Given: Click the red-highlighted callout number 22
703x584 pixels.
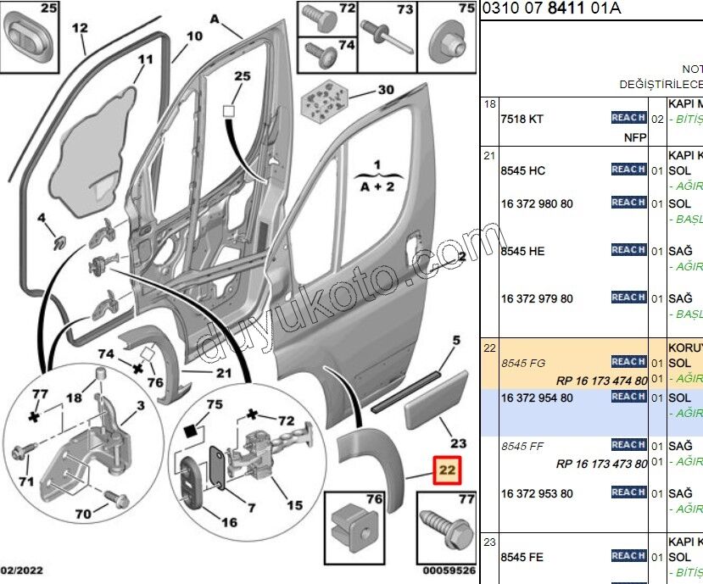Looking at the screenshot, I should pyautogui.click(x=447, y=470).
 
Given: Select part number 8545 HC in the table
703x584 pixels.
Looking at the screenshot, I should pyautogui.click(x=523, y=170).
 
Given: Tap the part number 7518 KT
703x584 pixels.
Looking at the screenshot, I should pyautogui.click(x=522, y=119).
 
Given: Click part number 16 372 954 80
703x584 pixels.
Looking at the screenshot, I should pyautogui.click(x=537, y=397).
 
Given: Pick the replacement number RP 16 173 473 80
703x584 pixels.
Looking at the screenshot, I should pyautogui.click(x=602, y=464).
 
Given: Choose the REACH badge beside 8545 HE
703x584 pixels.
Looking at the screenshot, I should pyautogui.click(x=628, y=250).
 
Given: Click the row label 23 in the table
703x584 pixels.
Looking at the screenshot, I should pyautogui.click(x=489, y=542).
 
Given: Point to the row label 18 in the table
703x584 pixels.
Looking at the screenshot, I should pyautogui.click(x=489, y=104).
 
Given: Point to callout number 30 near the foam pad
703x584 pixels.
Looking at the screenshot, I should pyautogui.click(x=386, y=90).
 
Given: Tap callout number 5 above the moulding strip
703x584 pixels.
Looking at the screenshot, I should pyautogui.click(x=455, y=341).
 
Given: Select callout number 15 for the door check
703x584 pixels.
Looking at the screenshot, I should pyautogui.click(x=294, y=506).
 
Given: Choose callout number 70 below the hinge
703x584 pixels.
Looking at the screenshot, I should pyautogui.click(x=82, y=514).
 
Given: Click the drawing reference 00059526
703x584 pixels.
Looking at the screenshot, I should pyautogui.click(x=449, y=571).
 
